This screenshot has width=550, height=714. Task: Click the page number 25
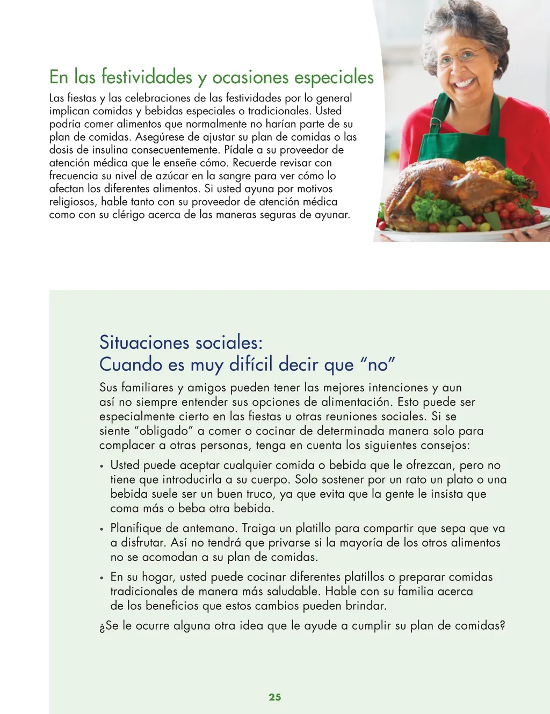274,697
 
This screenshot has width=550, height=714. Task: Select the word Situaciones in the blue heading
144,343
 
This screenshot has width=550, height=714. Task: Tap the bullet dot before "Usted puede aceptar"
102,466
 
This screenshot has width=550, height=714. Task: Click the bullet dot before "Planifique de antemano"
102,529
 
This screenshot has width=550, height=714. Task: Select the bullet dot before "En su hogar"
102,578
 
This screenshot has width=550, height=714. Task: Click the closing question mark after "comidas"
502,625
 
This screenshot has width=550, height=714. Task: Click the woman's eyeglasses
459,56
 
